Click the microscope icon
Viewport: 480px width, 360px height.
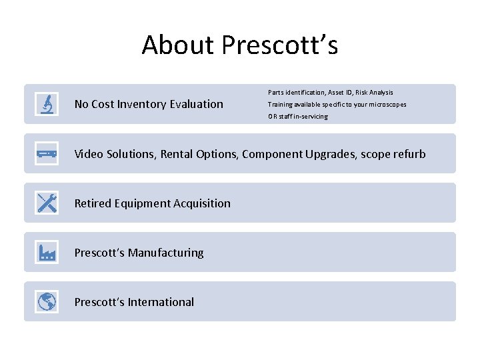click(x=47, y=104)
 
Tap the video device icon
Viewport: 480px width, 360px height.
click(x=47, y=154)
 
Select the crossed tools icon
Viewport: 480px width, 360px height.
click(x=47, y=203)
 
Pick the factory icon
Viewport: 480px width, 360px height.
click(x=47, y=253)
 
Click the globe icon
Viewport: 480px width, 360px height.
click(x=47, y=302)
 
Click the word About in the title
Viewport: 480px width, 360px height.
click(x=178, y=45)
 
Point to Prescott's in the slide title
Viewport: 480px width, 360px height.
click(x=280, y=45)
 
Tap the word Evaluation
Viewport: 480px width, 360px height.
click(x=197, y=104)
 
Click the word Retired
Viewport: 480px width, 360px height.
click(x=93, y=203)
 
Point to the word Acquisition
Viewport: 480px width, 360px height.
click(x=200, y=203)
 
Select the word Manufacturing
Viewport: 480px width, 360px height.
click(x=166, y=253)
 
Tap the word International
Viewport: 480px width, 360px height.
click(x=161, y=302)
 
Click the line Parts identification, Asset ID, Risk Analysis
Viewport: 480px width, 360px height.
click(x=331, y=93)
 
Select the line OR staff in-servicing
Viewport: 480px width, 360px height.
click(x=298, y=117)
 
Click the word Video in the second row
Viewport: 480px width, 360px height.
click(x=89, y=154)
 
